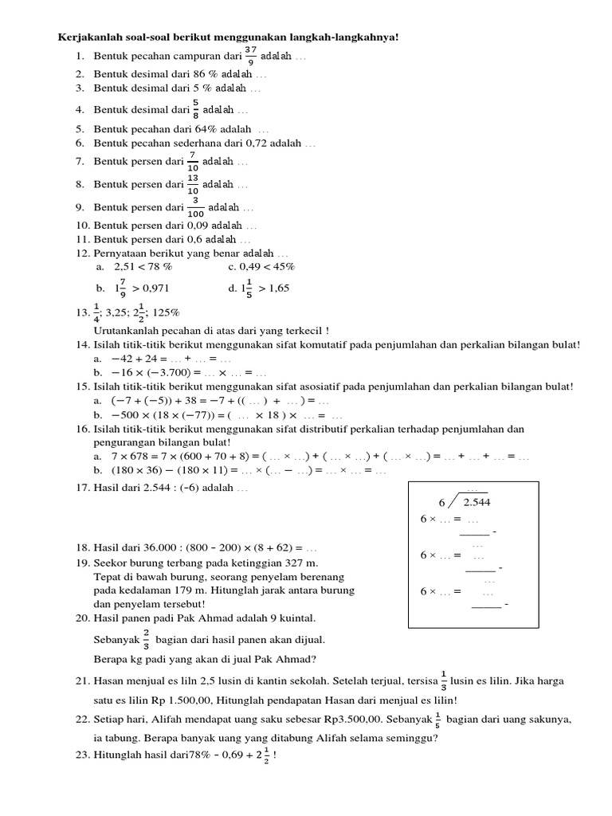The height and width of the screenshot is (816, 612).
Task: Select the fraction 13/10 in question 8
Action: point(193,184)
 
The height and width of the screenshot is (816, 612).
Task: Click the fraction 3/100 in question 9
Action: point(196,207)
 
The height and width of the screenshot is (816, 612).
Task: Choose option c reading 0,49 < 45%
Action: point(268,266)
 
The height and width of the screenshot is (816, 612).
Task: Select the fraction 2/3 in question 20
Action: point(147,639)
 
